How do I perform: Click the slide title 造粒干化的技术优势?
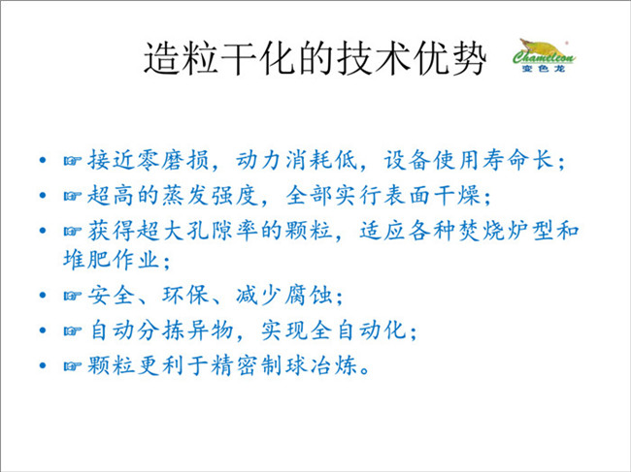pyautogui.click(x=315, y=59)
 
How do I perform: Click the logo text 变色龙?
pyautogui.click(x=544, y=68)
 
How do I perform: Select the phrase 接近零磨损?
pyautogui.click(x=149, y=160)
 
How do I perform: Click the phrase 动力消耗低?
pyautogui.click(x=296, y=160)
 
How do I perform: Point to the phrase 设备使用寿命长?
pyautogui.click(x=468, y=160)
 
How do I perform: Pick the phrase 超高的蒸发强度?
pyautogui.click(x=172, y=196)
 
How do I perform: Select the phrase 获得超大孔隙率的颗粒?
pyautogui.click(x=210, y=231)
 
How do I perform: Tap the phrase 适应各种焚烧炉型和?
pyautogui.click(x=469, y=231)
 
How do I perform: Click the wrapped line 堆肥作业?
pyautogui.click(x=111, y=260)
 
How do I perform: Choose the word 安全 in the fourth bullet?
pyautogui.click(x=111, y=296)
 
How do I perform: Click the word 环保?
pyautogui.click(x=184, y=296)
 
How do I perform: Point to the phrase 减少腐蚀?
pyautogui.click(x=283, y=296)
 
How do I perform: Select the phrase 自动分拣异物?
pyautogui.click(x=160, y=330)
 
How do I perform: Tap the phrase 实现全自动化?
pyautogui.click(x=333, y=330)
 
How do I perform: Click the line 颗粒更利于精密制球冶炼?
pyautogui.click(x=222, y=366)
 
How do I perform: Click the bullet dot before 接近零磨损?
pyautogui.click(x=43, y=161)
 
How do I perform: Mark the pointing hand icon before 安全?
pyautogui.click(x=73, y=296)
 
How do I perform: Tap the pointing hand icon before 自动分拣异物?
pyautogui.click(x=73, y=331)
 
